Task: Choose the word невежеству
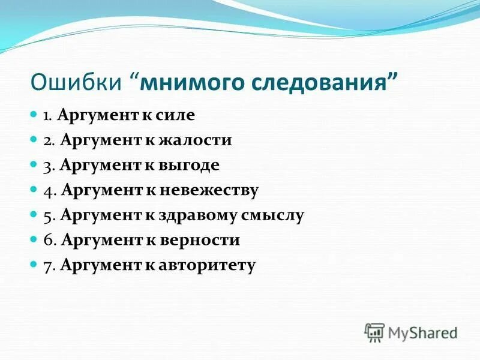tap(209, 190)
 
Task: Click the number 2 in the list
tap(47, 140)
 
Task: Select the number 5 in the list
tap(47, 215)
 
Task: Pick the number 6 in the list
tap(47, 240)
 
